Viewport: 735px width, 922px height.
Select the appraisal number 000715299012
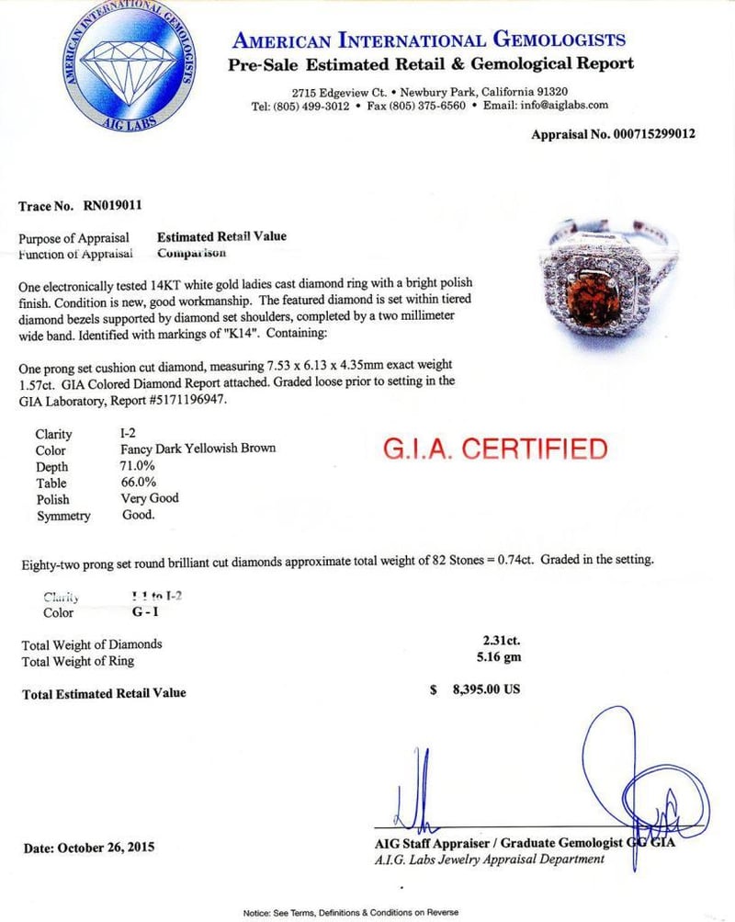(x=640, y=133)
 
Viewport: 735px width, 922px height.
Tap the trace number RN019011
(x=110, y=206)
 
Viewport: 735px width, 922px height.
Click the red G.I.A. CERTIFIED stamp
(x=494, y=450)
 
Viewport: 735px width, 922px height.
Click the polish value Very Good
(x=150, y=498)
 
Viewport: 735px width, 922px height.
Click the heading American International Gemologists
(x=429, y=40)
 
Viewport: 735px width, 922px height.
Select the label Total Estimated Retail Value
(x=104, y=693)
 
